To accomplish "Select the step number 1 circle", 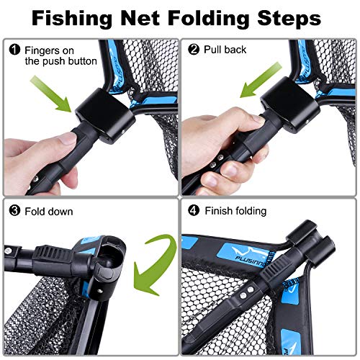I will pyautogui.click(x=15, y=50).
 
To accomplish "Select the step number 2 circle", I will pyautogui.click(x=194, y=50).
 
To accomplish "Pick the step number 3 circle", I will pyautogui.click(x=15, y=212).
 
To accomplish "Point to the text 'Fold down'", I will pyautogui.click(x=49, y=212).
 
